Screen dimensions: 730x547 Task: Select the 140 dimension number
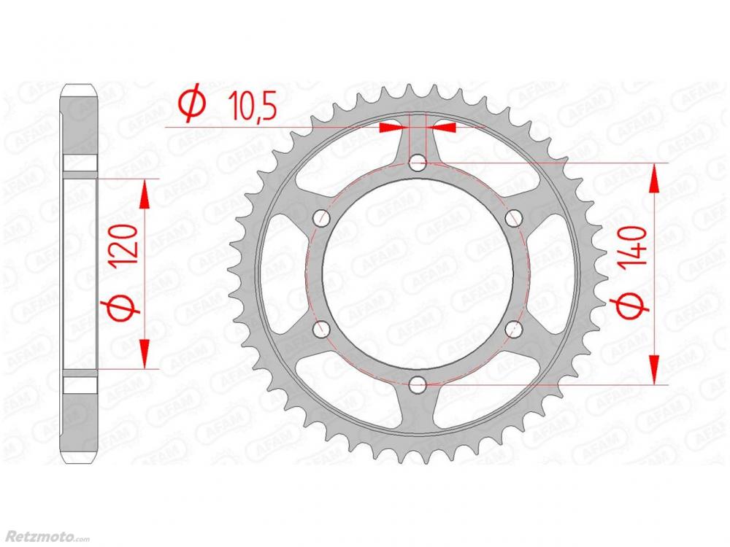click(x=634, y=247)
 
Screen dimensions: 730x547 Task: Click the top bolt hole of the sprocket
click(x=418, y=163)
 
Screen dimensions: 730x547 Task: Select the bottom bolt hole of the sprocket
click(x=418, y=384)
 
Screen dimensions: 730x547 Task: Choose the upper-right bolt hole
click(x=513, y=219)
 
